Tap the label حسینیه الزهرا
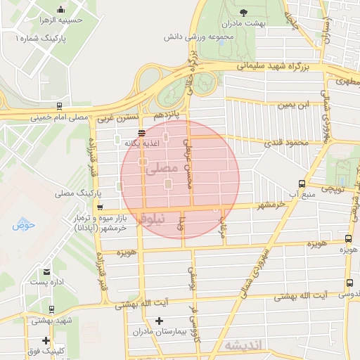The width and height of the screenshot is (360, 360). click(82, 20)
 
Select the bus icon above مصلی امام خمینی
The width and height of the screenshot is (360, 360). click(59, 107)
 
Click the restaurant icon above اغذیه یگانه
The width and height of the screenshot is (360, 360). click(142, 132)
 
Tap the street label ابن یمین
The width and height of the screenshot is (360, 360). click(293, 105)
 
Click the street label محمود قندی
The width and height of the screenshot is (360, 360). click(287, 143)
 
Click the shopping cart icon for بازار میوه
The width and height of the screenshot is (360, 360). click(100, 207)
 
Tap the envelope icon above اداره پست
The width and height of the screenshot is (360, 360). click(47, 271)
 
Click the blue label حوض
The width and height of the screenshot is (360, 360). click(23, 225)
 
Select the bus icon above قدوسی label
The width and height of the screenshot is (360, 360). click(349, 284)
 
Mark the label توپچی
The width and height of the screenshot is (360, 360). click(332, 189)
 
